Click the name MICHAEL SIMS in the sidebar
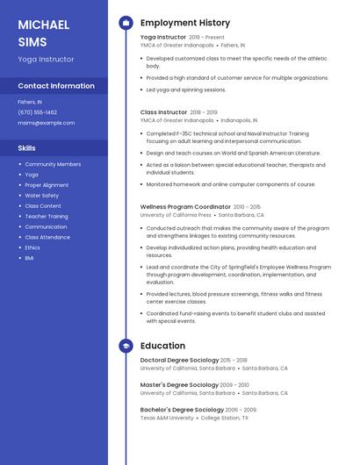pos(43,32)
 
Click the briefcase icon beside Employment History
pos(125,23)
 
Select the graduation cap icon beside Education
pos(125,346)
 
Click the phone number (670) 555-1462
pos(37,112)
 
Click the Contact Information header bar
pos(55,86)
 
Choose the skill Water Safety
pos(41,196)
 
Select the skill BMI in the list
pos(29,258)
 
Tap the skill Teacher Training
pos(46,216)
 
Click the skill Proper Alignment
pos(47,185)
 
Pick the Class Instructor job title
pos(162,112)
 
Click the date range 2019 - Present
pos(206,38)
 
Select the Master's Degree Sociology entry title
pos(179,384)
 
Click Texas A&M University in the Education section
pos(167,418)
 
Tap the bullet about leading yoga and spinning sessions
pos(174,89)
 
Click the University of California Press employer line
pos(176,215)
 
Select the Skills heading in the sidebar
pos(26,148)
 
